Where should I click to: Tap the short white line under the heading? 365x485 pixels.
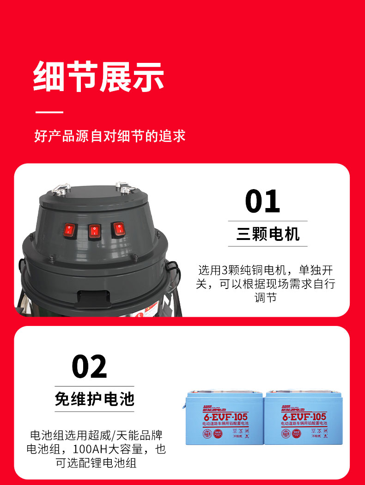49,112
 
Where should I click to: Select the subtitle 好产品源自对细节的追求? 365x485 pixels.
109,136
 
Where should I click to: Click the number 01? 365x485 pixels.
262,201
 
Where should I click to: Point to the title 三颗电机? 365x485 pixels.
268,234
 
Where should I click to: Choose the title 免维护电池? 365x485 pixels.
94,399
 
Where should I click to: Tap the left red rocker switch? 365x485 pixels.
70,229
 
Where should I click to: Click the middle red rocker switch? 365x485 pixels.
94,231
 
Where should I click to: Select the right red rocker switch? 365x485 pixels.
118,229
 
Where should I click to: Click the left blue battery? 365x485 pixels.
225,418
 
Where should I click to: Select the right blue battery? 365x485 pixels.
302,418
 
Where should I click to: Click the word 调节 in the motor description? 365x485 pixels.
265,298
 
